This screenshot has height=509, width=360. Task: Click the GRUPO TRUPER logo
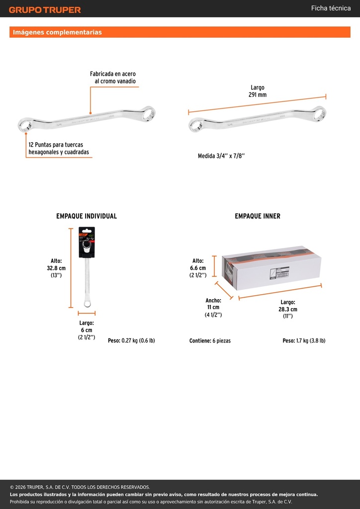pos(45,10)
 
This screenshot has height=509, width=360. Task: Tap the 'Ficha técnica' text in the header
pos(331,8)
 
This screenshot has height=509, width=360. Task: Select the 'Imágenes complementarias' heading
pos(57,32)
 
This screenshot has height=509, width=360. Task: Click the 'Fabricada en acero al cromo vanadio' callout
pos(113,78)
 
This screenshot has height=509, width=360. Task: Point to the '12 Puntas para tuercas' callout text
pos(56,145)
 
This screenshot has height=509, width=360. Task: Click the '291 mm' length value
pos(258,95)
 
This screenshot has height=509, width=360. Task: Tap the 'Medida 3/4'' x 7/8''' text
pos(221,156)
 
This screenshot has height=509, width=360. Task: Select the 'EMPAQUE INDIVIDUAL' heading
pos(87,216)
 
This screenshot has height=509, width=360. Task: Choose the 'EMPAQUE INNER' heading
pos(258,216)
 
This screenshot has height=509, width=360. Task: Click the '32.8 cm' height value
pos(56,268)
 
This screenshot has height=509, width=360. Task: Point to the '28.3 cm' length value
pos(288,309)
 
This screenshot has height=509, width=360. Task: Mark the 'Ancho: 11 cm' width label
pos(213,304)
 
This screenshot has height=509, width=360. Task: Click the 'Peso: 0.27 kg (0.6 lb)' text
pos(131,341)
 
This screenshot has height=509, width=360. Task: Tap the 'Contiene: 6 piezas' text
pos(210,341)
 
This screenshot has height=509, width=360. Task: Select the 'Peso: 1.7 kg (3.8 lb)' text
pos(304,341)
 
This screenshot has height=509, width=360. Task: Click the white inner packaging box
pos(271,268)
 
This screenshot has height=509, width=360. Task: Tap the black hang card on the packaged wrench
pos(87,242)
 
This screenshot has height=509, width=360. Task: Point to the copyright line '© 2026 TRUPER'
pos(80,487)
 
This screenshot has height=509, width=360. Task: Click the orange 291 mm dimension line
pos(257,104)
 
